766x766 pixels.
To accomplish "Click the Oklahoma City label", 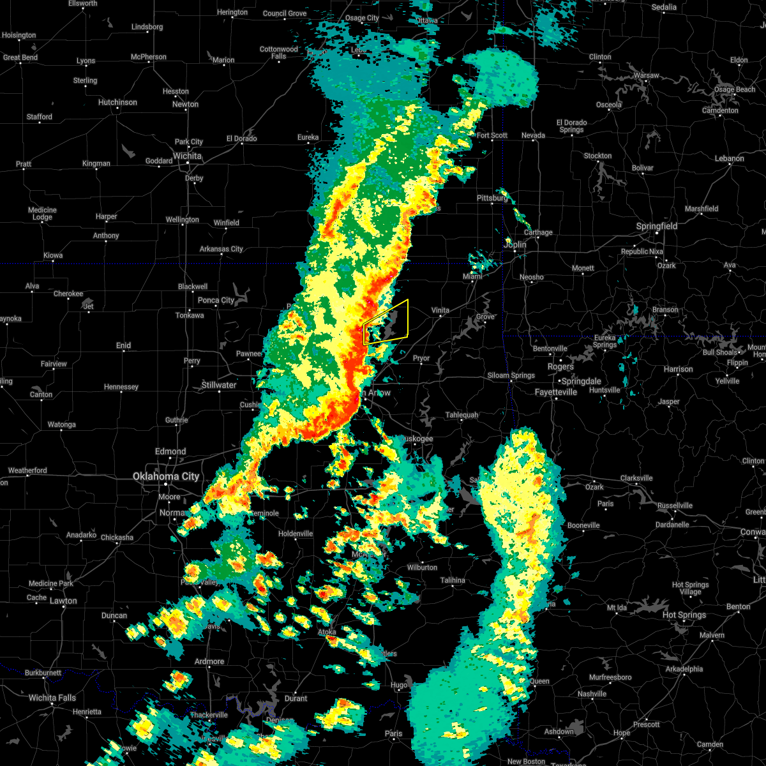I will click(166, 476).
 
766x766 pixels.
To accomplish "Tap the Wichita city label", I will click(187, 156).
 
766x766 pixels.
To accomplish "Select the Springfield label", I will click(656, 226).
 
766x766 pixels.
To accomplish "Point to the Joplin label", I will click(515, 244).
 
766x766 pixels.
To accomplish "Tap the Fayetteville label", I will click(555, 392).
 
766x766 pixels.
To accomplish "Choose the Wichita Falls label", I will click(52, 698).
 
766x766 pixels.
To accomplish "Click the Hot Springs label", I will click(684, 615).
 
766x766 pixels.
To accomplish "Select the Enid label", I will click(123, 345).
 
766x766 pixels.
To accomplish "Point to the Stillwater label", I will click(219, 385).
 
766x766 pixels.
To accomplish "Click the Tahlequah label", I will click(462, 415).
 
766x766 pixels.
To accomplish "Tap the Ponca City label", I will click(216, 300).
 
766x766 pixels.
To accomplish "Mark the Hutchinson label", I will click(117, 102).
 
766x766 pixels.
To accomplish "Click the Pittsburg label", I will click(492, 198).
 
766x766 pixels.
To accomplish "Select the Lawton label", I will click(63, 601).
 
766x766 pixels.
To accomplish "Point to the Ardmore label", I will click(209, 661).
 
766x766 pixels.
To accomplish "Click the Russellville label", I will click(675, 506).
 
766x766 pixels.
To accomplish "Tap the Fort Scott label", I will click(492, 135).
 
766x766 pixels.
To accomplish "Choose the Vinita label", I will click(440, 310).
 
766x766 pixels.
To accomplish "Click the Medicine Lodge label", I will click(42, 213).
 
